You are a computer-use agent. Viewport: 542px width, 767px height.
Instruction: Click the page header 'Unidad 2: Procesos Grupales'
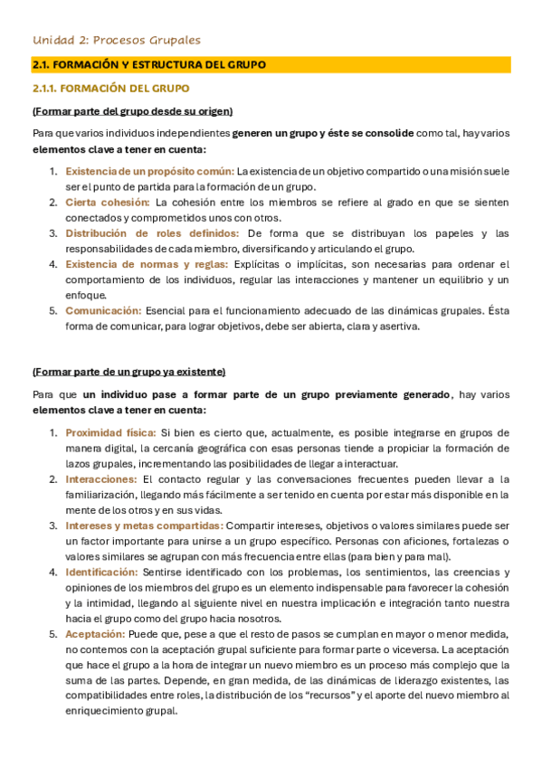click(117, 40)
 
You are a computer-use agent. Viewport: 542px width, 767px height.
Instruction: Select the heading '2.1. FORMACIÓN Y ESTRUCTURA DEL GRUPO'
click(148, 65)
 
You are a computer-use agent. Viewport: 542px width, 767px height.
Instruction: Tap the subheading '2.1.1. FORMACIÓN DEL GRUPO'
click(110, 89)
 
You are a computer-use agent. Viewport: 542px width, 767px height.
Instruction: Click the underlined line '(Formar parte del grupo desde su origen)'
click(132, 111)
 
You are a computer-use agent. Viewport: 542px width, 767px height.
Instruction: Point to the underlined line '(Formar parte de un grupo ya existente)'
click(128, 372)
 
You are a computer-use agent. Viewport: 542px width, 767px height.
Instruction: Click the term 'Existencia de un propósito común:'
click(149, 171)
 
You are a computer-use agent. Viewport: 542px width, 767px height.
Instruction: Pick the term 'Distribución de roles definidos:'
click(152, 233)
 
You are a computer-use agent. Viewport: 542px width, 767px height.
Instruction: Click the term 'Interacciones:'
click(100, 478)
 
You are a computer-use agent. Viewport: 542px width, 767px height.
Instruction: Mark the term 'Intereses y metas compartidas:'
click(143, 525)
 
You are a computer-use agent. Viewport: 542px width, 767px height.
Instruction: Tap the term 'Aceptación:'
click(94, 633)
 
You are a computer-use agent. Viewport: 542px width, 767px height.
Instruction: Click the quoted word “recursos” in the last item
click(320, 696)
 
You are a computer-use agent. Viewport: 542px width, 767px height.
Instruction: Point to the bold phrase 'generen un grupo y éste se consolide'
click(323, 133)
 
